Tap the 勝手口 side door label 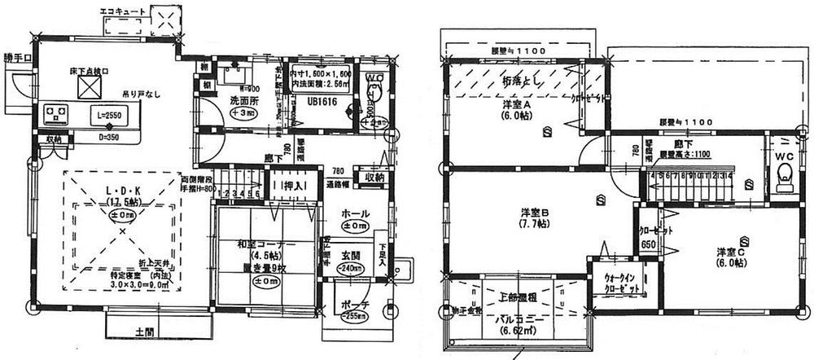[17, 59]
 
